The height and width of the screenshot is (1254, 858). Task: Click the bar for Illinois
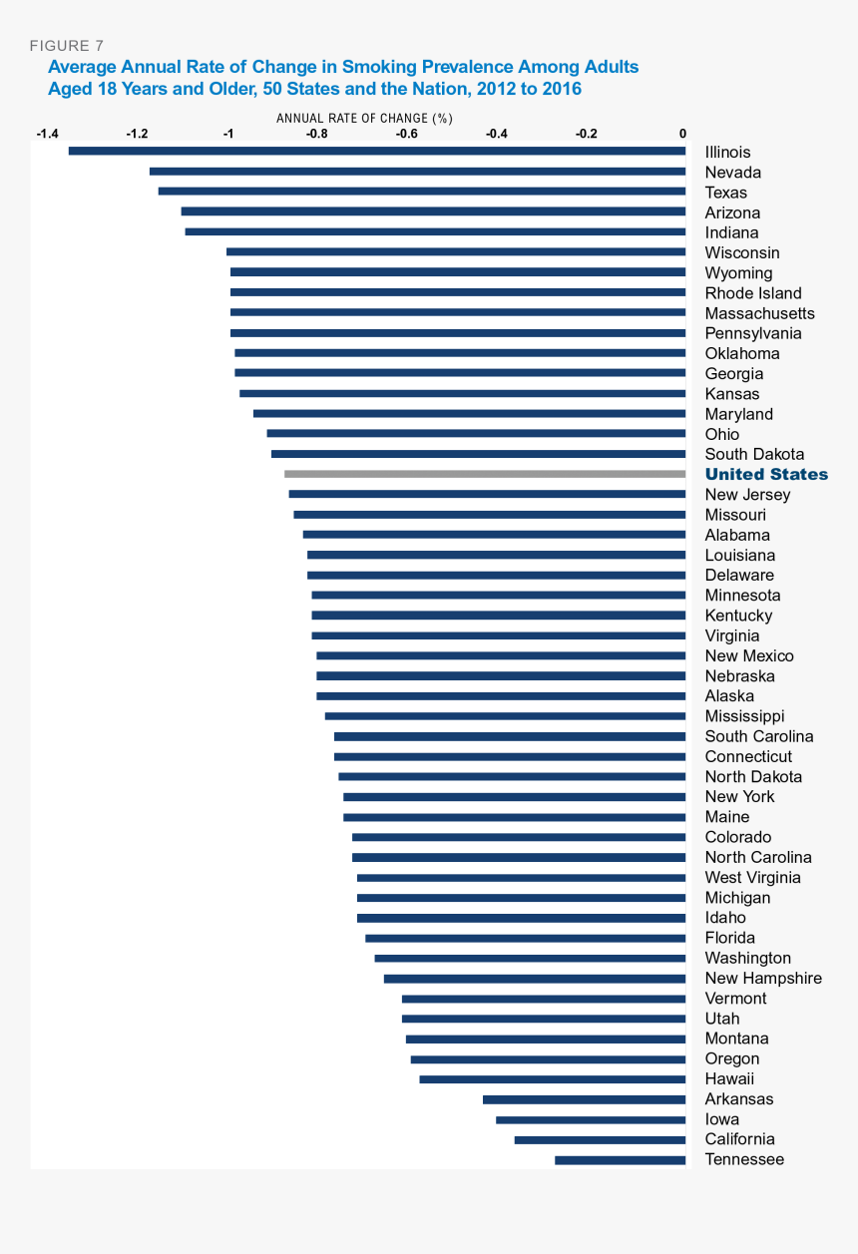(x=377, y=151)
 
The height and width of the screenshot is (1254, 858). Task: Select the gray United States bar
(x=485, y=474)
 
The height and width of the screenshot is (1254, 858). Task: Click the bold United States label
(x=766, y=475)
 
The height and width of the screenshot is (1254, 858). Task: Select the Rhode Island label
(x=753, y=293)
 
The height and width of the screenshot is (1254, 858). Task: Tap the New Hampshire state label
(x=763, y=979)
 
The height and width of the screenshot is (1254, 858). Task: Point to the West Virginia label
(x=752, y=878)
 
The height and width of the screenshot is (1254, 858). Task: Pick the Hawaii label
(x=729, y=1079)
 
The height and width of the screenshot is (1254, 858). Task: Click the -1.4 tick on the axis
(x=47, y=134)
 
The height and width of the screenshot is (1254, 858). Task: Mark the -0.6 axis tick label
(x=406, y=134)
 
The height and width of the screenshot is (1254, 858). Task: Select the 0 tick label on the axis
(x=683, y=134)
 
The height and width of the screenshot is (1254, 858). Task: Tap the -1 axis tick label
(x=228, y=134)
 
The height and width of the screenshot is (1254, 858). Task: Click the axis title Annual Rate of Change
(x=364, y=118)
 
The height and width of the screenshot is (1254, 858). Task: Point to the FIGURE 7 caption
(x=66, y=46)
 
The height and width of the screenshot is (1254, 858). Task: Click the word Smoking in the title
(x=375, y=67)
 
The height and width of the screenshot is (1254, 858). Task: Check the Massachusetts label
(x=759, y=313)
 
